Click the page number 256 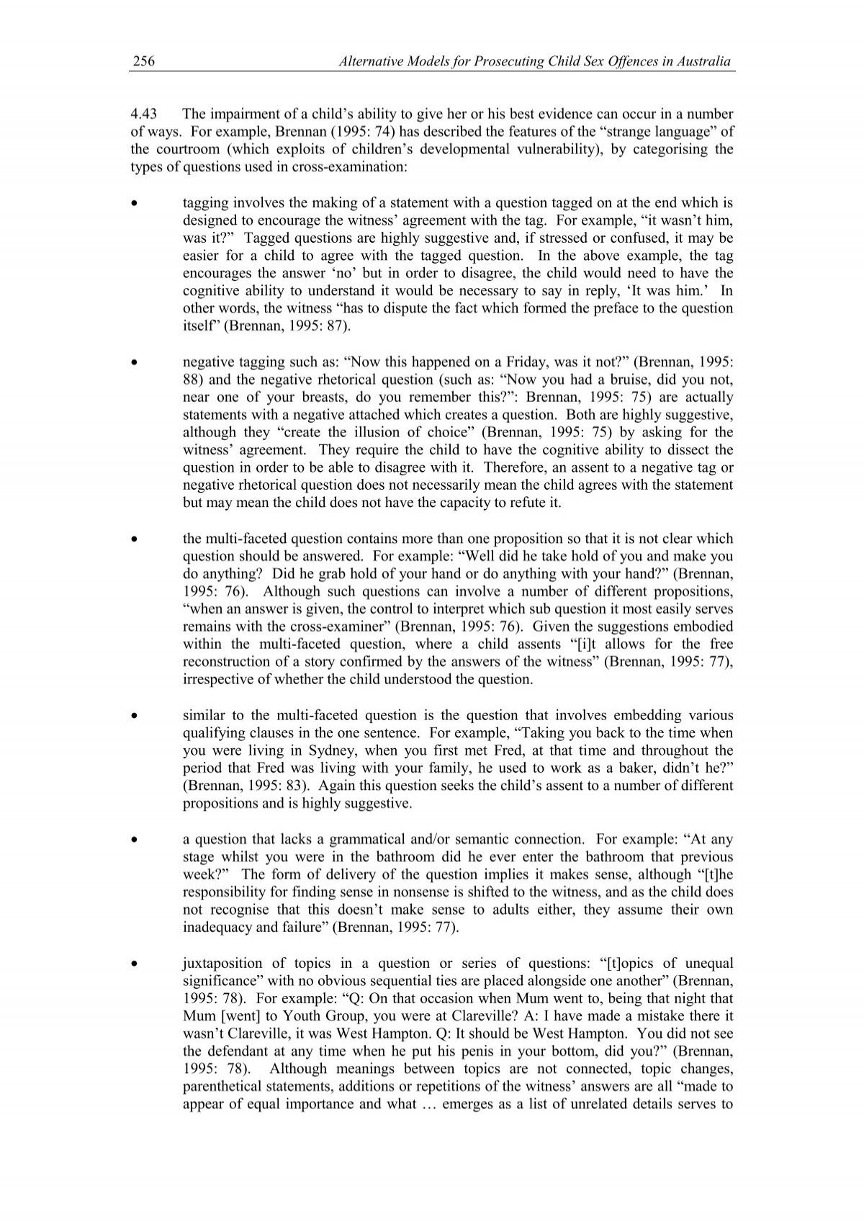point(143,63)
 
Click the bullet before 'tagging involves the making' point(134,204)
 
